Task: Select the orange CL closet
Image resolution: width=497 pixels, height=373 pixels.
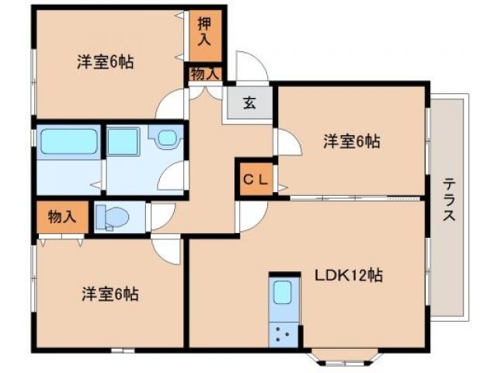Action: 255,179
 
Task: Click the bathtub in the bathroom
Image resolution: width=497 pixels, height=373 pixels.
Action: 68,142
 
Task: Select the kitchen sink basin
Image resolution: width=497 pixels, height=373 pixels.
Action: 282,294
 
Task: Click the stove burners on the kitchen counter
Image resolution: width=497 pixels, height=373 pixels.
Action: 282,335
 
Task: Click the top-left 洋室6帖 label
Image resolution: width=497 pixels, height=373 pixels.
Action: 105,62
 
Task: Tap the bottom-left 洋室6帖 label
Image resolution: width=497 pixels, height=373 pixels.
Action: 109,295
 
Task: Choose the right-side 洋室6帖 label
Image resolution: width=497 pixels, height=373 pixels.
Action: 351,141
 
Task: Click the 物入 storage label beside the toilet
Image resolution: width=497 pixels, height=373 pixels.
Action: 61,216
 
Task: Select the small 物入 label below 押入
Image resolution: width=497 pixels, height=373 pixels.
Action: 204,74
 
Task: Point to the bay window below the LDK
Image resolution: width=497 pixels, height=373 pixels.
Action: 343,357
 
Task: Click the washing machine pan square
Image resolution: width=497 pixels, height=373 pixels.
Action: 123,143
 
